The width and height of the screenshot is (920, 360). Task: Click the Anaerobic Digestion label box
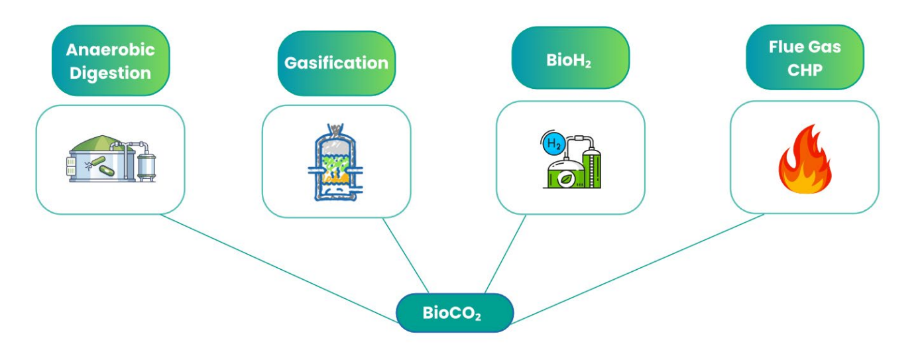click(x=110, y=60)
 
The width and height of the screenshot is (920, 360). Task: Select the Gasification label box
click(x=336, y=63)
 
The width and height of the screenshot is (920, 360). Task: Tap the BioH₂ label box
click(x=570, y=60)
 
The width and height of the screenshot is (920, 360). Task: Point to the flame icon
click(x=805, y=160)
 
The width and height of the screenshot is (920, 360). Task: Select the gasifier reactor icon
click(x=336, y=162)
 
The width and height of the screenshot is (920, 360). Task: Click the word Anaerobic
click(x=110, y=50)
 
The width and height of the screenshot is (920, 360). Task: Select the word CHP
click(x=805, y=69)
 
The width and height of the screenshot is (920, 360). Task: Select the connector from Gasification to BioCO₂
click(x=406, y=255)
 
